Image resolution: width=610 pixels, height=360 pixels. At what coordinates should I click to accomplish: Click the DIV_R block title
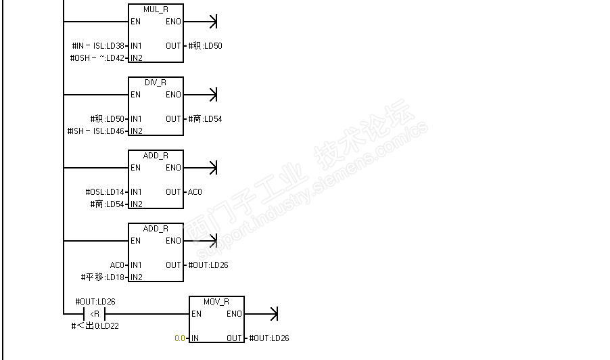click(156, 82)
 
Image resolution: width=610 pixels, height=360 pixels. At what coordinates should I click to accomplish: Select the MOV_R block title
click(216, 301)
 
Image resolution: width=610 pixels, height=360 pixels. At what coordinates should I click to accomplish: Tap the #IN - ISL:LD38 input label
click(98, 46)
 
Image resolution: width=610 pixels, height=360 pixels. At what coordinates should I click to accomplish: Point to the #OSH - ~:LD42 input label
click(97, 58)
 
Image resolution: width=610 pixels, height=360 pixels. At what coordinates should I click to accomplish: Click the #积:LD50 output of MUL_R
click(205, 46)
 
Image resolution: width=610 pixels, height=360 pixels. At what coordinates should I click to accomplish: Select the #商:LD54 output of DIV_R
click(205, 119)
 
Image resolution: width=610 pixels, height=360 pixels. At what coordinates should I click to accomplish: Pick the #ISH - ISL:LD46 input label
click(96, 131)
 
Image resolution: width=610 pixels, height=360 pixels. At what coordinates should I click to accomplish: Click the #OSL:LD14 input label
click(105, 192)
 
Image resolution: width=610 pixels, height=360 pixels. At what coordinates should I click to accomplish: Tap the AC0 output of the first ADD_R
click(195, 192)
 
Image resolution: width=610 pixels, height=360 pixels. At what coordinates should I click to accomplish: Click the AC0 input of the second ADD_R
click(117, 265)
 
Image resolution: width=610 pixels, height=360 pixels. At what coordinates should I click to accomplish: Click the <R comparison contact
click(95, 314)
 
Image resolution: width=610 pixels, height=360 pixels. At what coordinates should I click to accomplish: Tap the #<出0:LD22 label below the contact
click(95, 326)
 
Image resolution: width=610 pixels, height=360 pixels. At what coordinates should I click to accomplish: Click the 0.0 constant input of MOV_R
click(179, 338)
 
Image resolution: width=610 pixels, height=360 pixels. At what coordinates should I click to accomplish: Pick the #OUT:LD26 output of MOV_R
click(269, 338)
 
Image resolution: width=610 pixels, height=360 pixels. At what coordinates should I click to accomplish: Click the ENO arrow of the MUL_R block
click(213, 22)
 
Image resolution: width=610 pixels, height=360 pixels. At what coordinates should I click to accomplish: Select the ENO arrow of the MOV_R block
click(273, 314)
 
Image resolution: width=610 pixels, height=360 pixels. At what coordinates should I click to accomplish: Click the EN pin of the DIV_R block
click(135, 95)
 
